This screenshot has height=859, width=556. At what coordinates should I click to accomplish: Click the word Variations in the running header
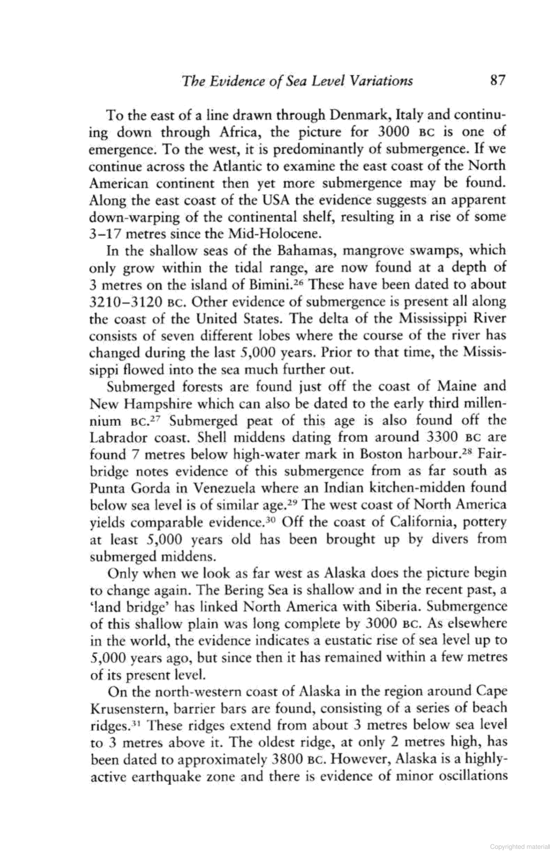380,81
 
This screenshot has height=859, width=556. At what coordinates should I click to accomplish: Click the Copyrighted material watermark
519,846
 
